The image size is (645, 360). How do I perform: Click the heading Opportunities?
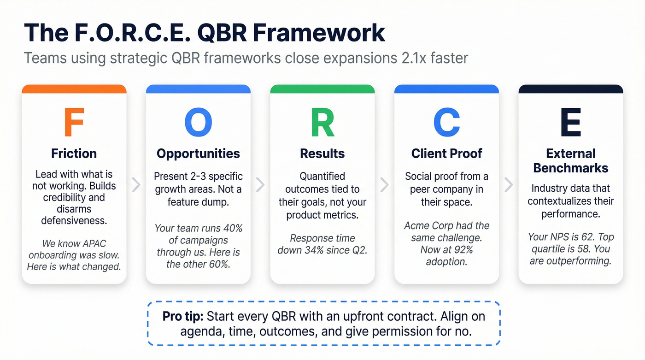pos(198,153)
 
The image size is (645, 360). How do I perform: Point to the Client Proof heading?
pos(446,153)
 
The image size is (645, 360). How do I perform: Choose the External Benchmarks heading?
pos(571,160)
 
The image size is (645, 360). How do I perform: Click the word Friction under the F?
pos(74,153)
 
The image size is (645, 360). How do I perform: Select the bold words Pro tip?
pos(183,316)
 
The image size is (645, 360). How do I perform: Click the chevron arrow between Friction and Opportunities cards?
pos(136,185)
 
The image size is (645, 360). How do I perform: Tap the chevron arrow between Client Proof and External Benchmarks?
pos(509,185)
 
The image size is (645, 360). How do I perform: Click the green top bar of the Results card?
pos(322,89)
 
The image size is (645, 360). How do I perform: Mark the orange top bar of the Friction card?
pos(74,89)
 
